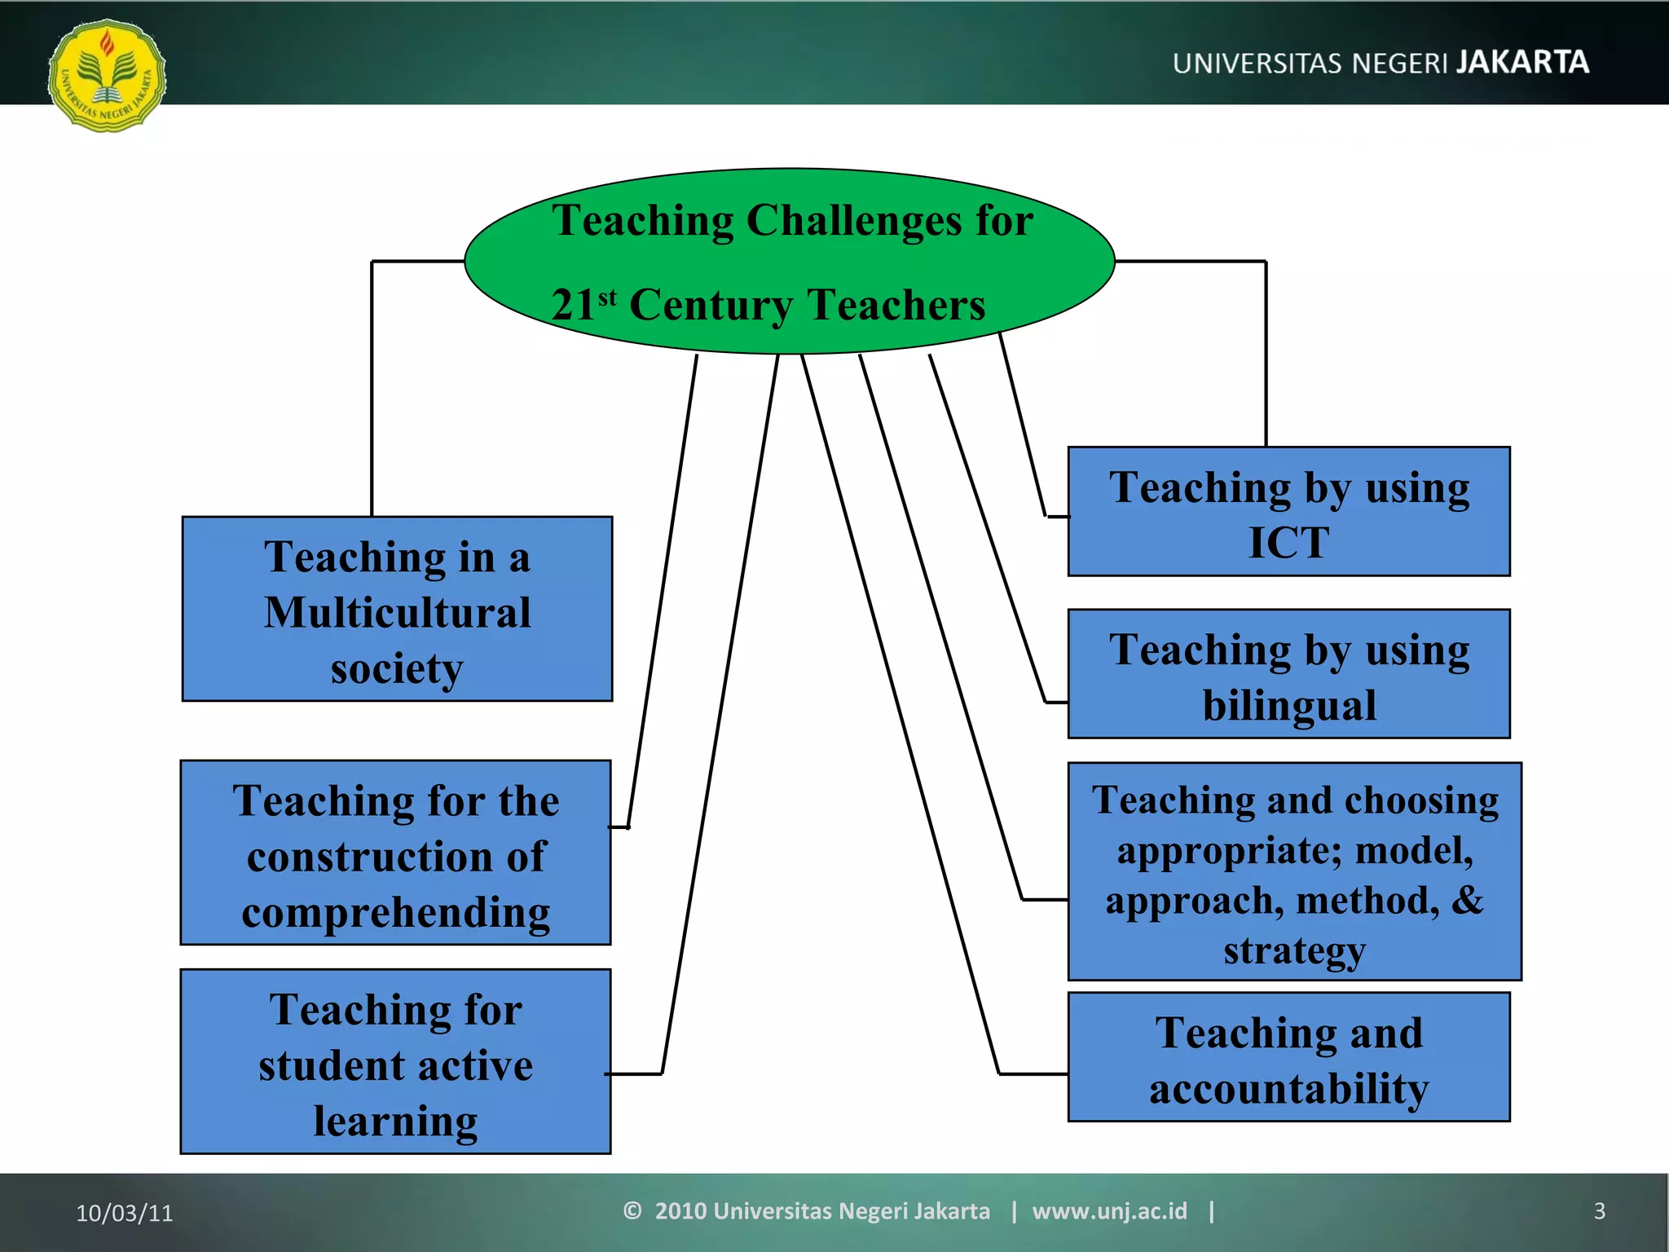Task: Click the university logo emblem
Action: click(x=107, y=76)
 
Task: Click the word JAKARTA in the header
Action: click(x=1522, y=63)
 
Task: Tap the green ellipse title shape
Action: click(x=789, y=262)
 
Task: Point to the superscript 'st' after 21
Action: click(x=607, y=298)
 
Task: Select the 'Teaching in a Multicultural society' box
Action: click(x=397, y=609)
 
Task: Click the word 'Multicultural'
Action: click(x=397, y=612)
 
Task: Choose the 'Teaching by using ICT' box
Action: click(x=1288, y=511)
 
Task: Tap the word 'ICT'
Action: click(x=1288, y=542)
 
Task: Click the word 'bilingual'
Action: click(x=1289, y=705)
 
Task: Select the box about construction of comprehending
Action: click(x=395, y=853)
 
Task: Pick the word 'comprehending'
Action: click(x=395, y=912)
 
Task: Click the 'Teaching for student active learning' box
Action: click(x=395, y=1061)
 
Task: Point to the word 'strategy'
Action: click(x=1294, y=950)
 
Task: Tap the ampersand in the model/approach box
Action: click(x=1467, y=900)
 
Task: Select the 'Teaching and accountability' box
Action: click(x=1288, y=1057)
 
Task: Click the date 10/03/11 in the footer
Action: click(x=125, y=1213)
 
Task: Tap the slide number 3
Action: click(x=1599, y=1211)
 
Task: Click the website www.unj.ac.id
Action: click(x=1109, y=1211)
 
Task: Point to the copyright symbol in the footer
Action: click(x=632, y=1211)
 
